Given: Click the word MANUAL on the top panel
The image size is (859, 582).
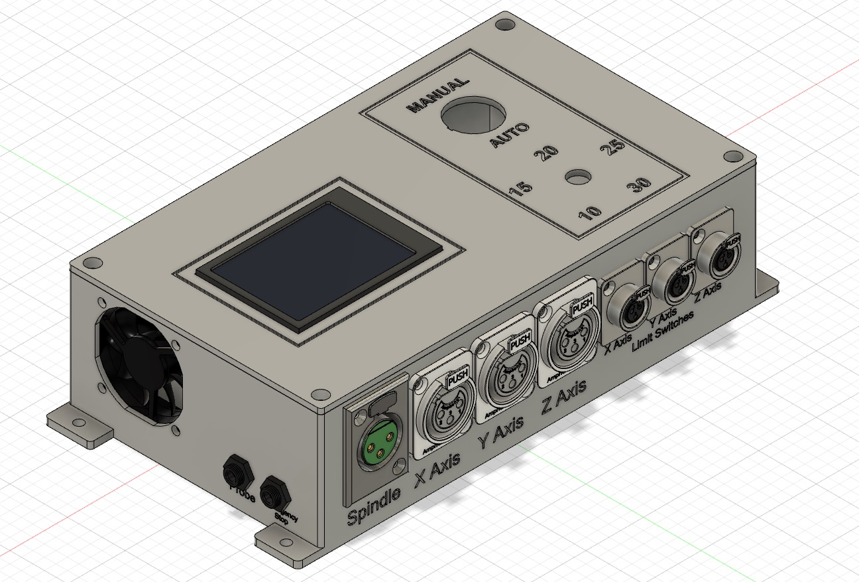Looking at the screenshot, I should (x=437, y=96).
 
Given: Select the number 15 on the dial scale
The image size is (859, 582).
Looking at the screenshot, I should (x=520, y=189).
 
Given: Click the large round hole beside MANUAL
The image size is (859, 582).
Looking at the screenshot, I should (x=474, y=116).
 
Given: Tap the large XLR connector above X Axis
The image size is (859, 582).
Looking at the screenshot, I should (x=443, y=412).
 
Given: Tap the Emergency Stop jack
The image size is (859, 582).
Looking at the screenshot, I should (x=274, y=492).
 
